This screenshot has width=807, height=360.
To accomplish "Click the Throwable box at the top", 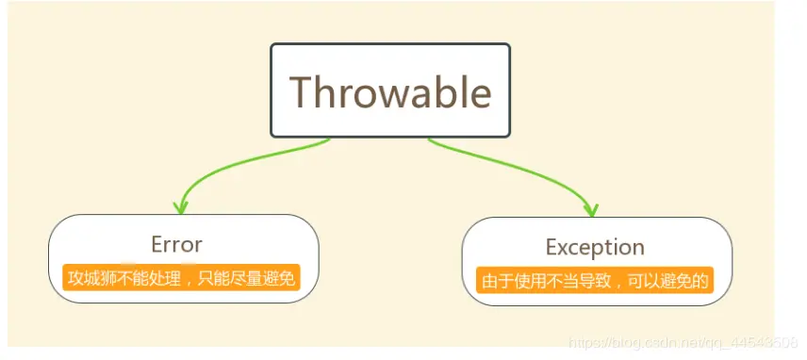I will tap(390, 90).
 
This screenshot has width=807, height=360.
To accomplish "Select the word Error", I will tap(176, 244).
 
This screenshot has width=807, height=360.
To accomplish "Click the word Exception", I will tap(595, 247).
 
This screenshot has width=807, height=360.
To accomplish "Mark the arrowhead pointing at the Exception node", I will tap(592, 208).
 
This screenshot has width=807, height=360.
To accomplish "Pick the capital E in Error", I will tap(157, 244).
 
